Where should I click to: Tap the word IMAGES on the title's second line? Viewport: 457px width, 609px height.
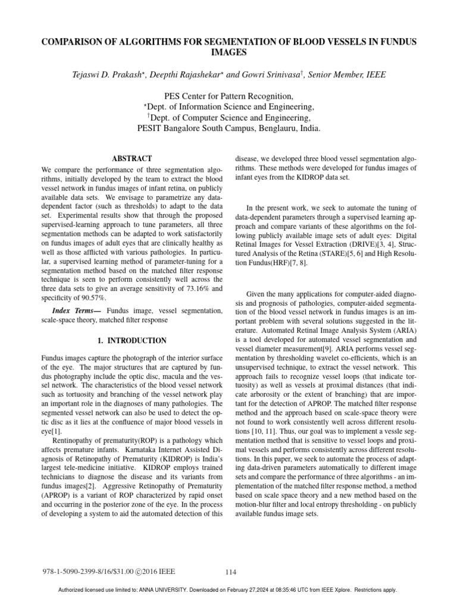(228, 52)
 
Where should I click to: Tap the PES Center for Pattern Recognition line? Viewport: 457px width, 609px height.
(228, 96)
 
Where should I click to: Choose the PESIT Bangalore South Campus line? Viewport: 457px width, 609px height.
(228, 128)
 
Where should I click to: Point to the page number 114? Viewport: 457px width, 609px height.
(231, 572)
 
